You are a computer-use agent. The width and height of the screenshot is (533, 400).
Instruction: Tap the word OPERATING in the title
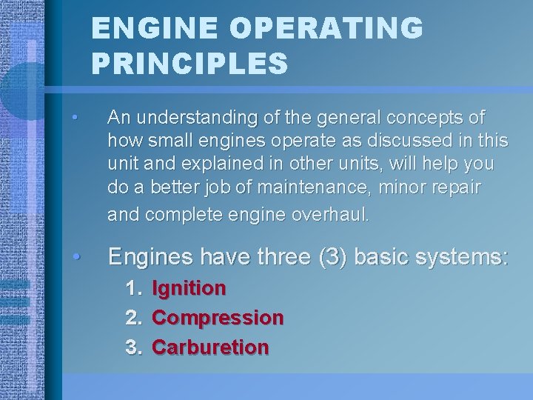tap(325, 29)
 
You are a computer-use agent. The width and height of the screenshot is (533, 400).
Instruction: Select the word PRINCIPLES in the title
tap(190, 63)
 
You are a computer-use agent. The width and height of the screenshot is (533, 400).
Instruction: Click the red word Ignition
tap(189, 288)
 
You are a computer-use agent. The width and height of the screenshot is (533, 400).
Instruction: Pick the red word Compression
tap(218, 318)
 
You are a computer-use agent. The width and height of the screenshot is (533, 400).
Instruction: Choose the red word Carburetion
tap(210, 347)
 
